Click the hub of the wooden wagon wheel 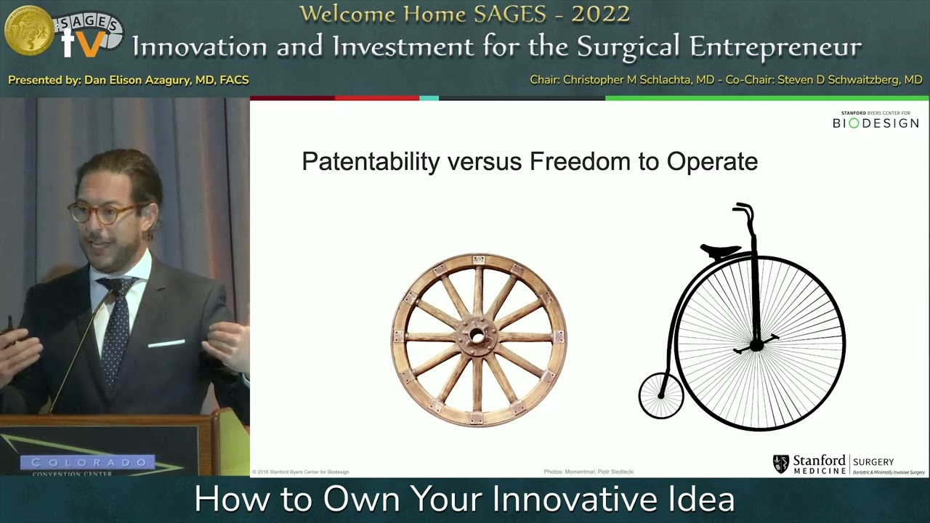477,336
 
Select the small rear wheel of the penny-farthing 660,396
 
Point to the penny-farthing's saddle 720,251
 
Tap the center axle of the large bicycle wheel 756,345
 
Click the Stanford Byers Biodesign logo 875,121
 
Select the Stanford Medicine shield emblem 781,463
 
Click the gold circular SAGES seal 29,31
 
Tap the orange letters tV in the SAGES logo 84,44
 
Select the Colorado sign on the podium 88,462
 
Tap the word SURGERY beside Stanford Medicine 873,462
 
